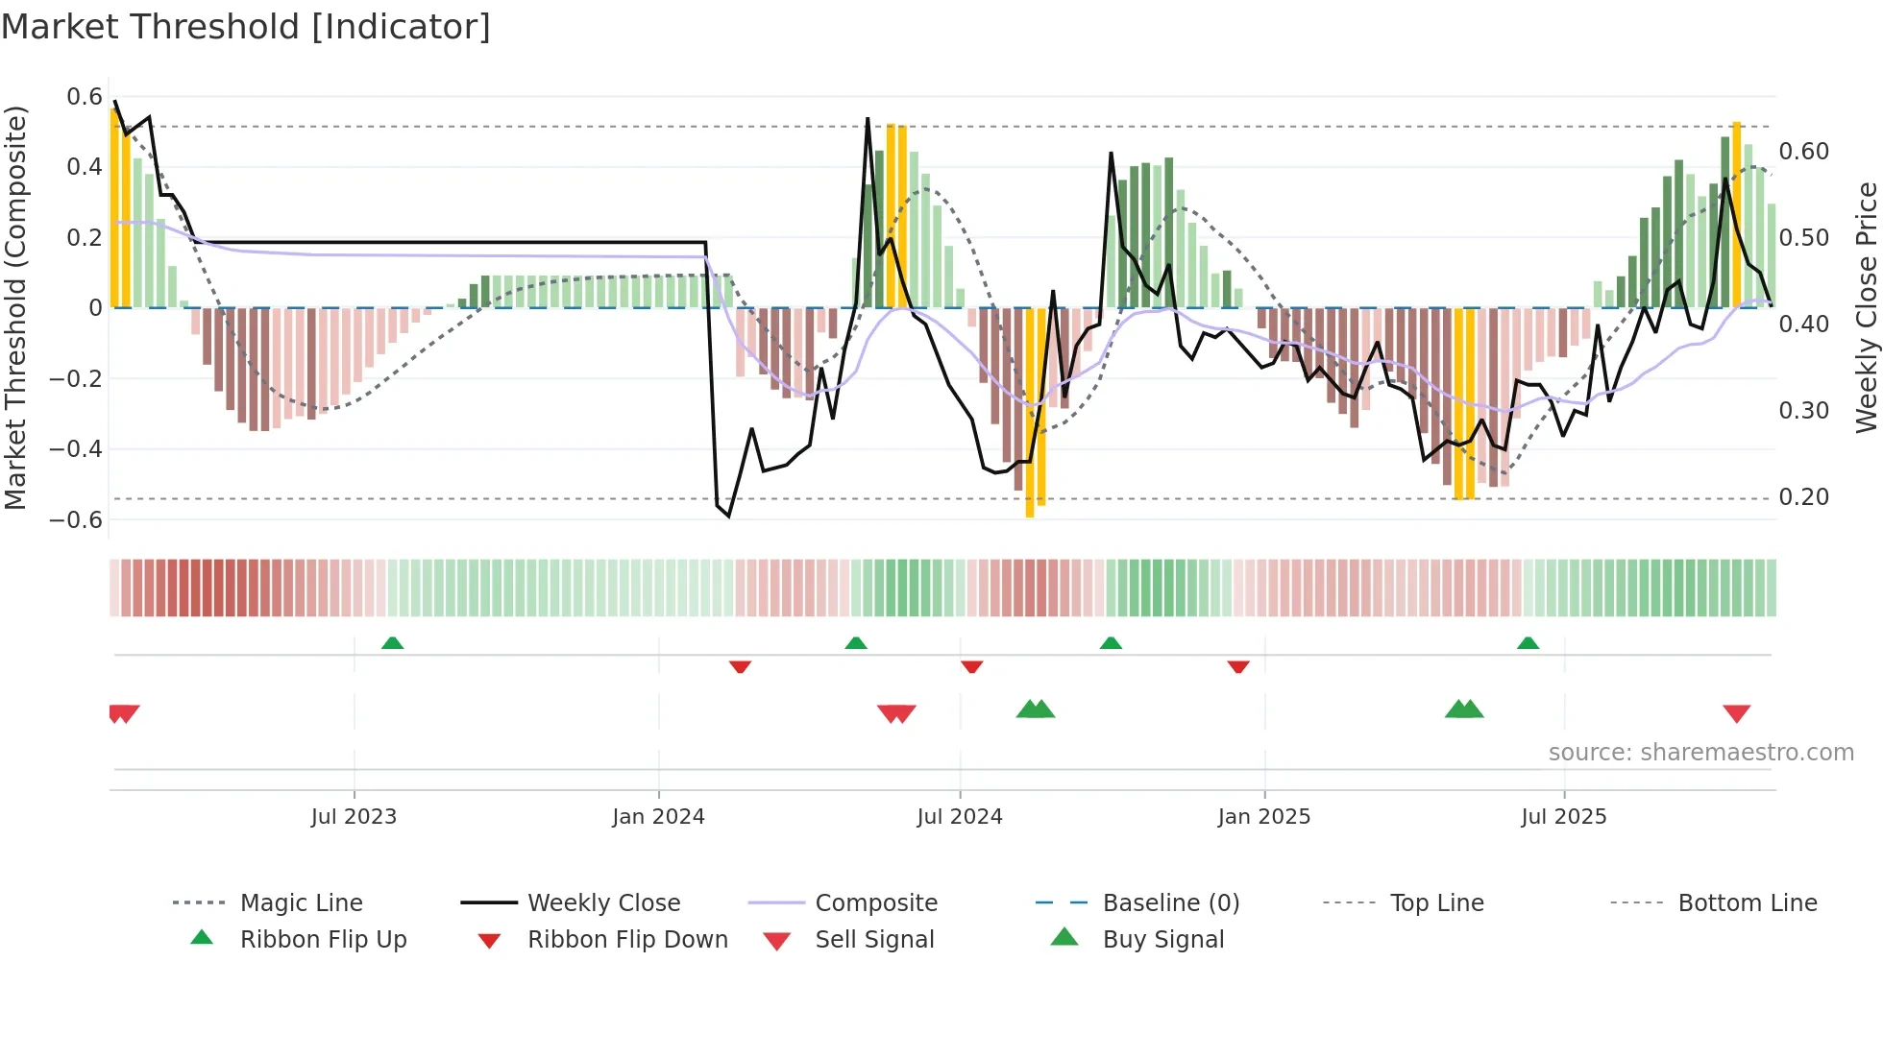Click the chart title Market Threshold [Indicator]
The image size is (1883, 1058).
(x=246, y=27)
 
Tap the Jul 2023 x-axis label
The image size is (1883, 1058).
(x=354, y=817)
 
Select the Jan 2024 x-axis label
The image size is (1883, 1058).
(x=658, y=817)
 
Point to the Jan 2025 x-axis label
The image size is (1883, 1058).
(x=1263, y=817)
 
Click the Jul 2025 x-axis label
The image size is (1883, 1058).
(x=1563, y=817)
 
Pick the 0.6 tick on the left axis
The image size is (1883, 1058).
(x=85, y=97)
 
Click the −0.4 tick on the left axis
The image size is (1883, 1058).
(x=77, y=449)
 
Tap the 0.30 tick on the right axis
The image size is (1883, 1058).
(x=1803, y=411)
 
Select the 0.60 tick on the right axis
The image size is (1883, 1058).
(x=1803, y=152)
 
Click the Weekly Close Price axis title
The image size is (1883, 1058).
(x=1866, y=307)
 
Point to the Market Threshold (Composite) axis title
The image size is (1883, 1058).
(x=15, y=307)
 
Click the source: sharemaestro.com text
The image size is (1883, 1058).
(x=1700, y=753)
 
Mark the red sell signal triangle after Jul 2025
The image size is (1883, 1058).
(x=1736, y=713)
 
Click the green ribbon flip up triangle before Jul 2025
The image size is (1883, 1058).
(x=1528, y=643)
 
